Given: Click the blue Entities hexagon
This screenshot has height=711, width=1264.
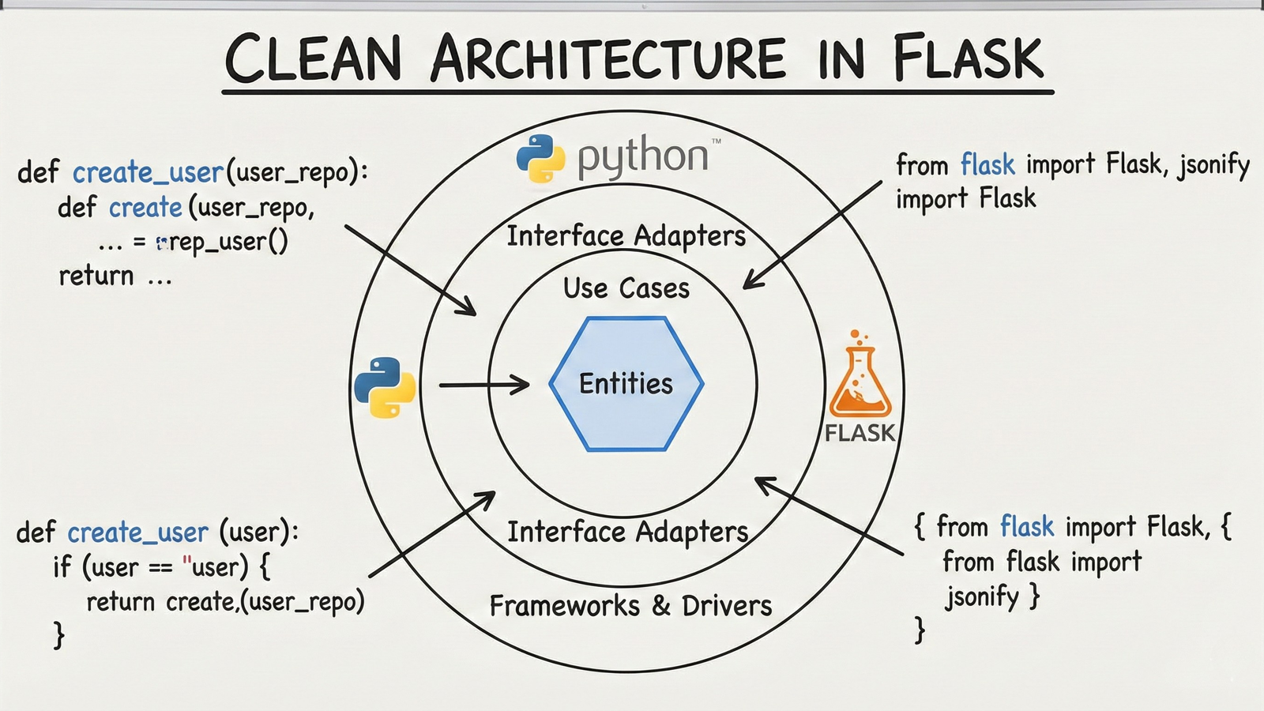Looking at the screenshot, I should pos(626,384).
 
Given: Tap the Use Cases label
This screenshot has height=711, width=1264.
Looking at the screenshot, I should pos(626,288).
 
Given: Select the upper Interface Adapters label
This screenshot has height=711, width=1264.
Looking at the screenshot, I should pos(626,235).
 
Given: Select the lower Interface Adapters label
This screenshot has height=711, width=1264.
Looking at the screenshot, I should pos(627,532).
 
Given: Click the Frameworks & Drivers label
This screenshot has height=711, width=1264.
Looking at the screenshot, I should pos(630,606).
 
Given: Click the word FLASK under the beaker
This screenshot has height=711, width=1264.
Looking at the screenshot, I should pos(860,433).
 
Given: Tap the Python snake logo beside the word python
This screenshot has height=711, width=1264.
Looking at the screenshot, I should pos(540,158).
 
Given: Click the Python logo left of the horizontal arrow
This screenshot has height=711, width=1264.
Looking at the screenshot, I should pos(385,387).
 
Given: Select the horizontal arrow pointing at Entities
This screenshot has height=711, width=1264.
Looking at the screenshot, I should pos(483,385).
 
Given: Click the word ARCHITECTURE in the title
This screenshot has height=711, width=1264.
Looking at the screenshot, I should pos(608,59).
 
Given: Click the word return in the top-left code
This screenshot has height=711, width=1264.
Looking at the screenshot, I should pos(96,276).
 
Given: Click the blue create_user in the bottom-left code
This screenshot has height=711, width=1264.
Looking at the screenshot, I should pos(137,532).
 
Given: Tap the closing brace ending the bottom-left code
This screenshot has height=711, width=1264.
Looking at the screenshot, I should pos(58,635).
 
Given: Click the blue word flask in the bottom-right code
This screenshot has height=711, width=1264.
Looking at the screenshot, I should pos(1027,526).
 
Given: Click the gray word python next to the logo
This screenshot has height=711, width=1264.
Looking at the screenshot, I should pos(642,156).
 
